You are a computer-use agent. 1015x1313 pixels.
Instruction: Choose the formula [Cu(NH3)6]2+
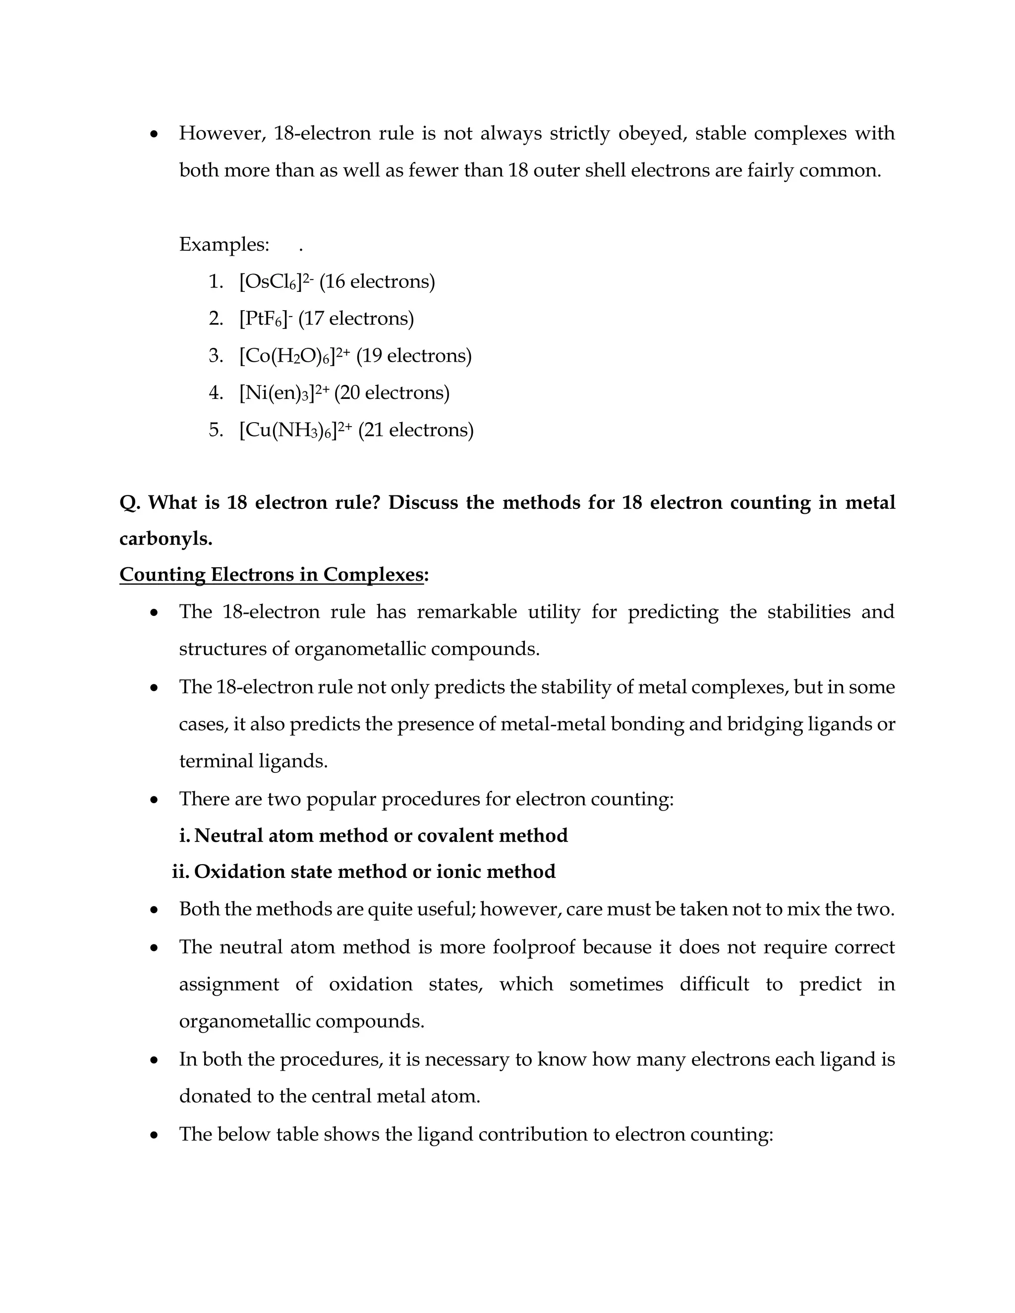(x=295, y=431)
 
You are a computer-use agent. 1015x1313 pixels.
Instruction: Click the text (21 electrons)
(x=416, y=431)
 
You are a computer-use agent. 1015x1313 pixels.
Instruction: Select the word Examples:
(x=224, y=245)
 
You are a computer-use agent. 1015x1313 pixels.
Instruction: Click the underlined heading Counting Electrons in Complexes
(x=272, y=575)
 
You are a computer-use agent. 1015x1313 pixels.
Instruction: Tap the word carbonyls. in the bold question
(x=166, y=539)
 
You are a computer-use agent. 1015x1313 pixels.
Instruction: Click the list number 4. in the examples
(x=216, y=393)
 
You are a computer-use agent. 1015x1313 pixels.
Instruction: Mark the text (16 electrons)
(x=377, y=281)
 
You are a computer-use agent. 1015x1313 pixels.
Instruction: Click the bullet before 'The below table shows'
(x=155, y=1135)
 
